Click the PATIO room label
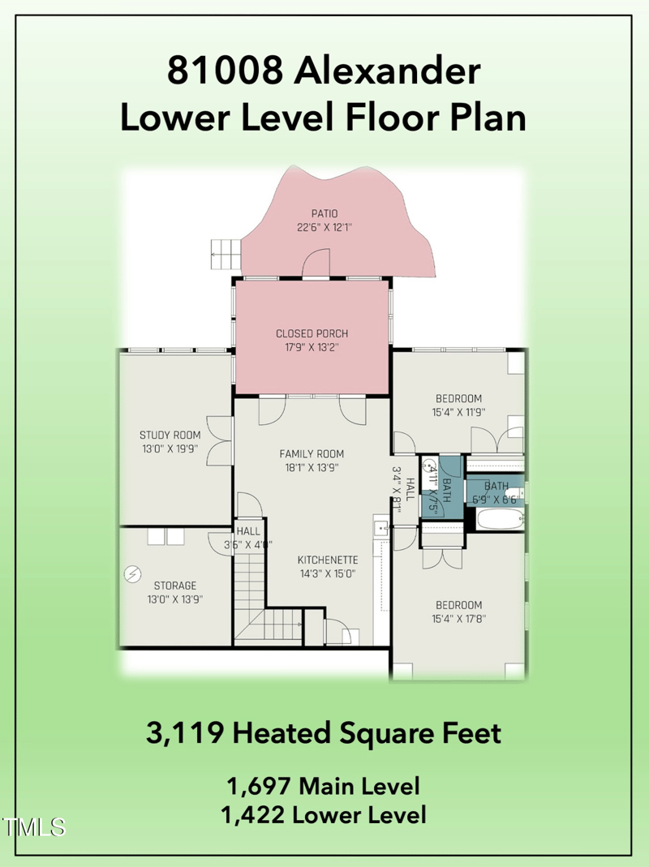point(312,214)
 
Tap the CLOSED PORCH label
point(312,333)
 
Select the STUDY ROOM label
point(170,436)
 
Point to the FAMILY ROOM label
point(312,454)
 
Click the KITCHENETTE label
point(328,560)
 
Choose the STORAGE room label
point(174,586)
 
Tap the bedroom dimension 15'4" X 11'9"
point(458,411)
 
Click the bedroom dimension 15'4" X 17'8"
point(458,619)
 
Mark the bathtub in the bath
point(499,520)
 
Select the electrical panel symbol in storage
point(131,574)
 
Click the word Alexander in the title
point(387,71)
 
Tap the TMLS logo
point(34,826)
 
